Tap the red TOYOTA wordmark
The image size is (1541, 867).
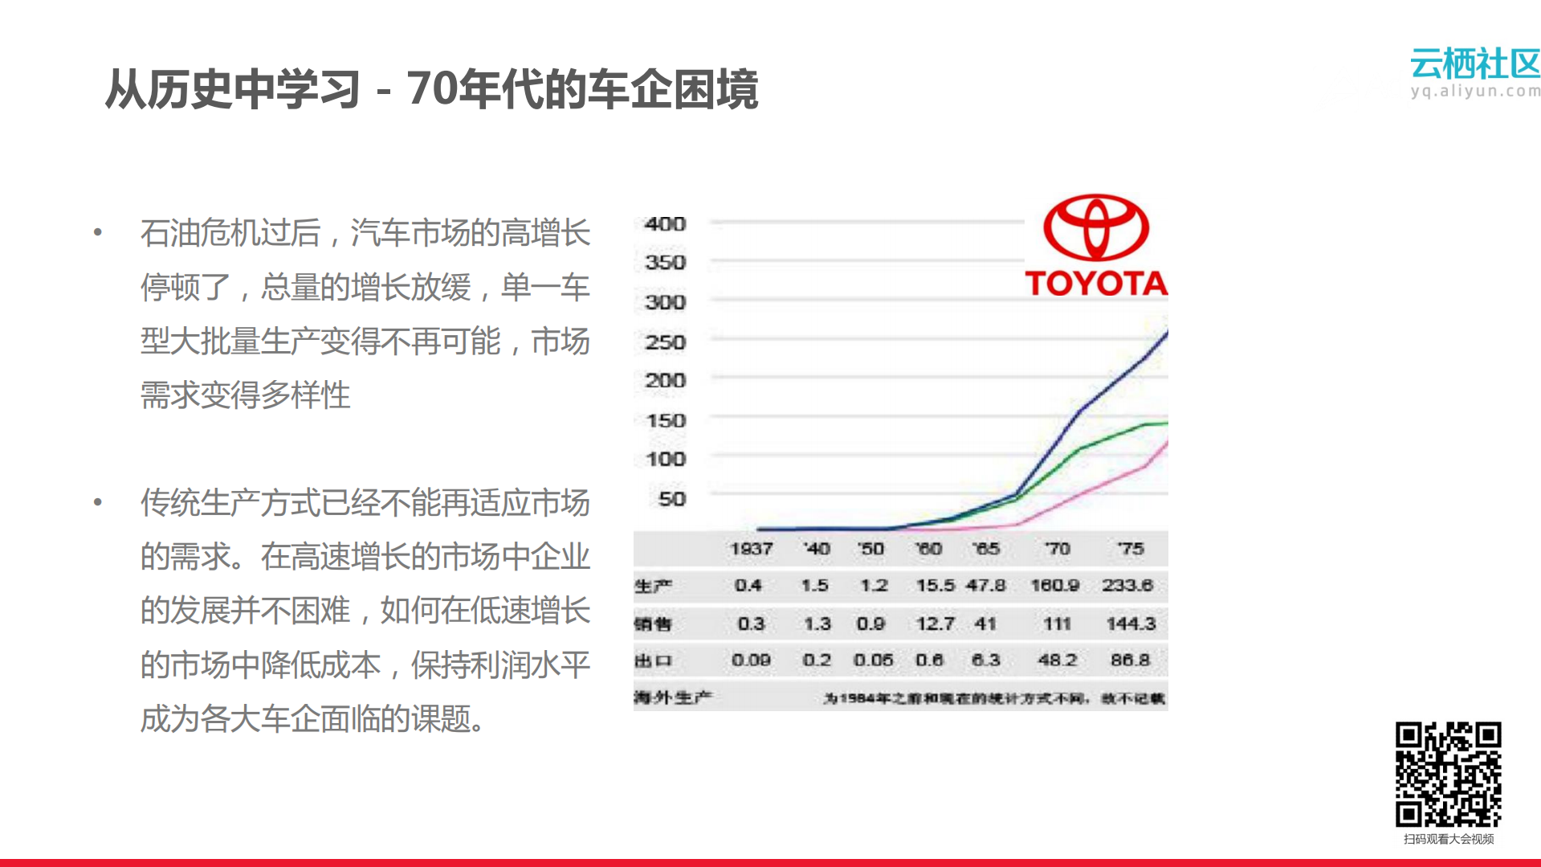pos(1096,283)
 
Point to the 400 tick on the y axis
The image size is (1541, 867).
pos(665,224)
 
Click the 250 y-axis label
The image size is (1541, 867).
pos(665,342)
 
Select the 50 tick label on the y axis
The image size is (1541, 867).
pos(671,499)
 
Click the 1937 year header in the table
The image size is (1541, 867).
pos(751,549)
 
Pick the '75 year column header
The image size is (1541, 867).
pos(1130,549)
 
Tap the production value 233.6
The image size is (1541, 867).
pos(1127,585)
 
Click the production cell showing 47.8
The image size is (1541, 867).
pos(986,585)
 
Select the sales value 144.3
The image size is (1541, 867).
pos(1131,624)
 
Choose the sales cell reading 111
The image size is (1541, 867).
pos(1057,624)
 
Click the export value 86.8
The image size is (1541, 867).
pos(1130,660)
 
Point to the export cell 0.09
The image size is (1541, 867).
pos(751,660)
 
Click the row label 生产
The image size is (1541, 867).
pos(653,586)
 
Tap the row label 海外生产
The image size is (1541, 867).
pos(672,697)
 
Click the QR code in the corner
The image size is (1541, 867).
pos(1448,774)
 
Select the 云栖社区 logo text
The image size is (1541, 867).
pos(1475,63)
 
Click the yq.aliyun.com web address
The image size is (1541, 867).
pos(1475,91)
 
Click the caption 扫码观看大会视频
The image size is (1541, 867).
pos(1449,839)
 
